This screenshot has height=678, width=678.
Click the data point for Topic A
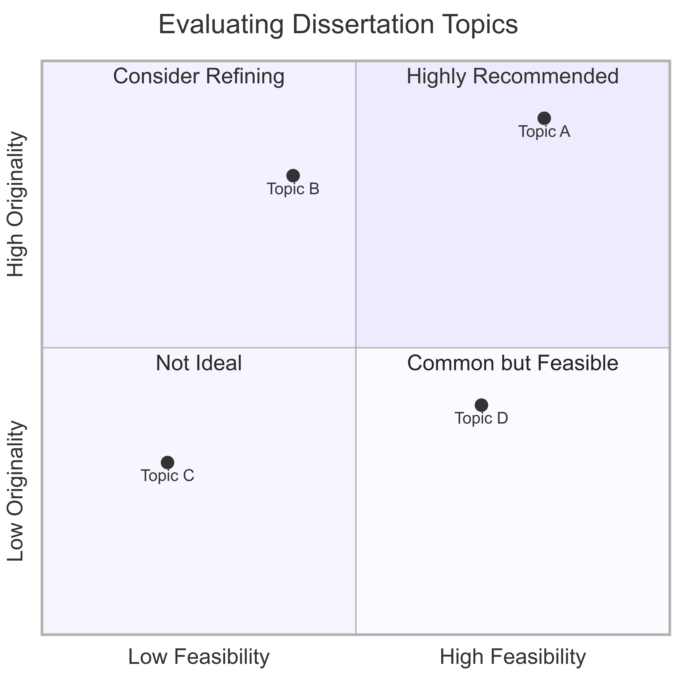(544, 118)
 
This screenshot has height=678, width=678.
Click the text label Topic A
(544, 132)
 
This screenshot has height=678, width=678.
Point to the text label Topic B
(293, 189)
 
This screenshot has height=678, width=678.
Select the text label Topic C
(167, 476)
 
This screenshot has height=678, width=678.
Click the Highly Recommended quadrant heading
(513, 77)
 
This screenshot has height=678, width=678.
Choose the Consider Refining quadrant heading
(199, 77)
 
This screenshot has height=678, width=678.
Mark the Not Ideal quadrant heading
(199, 364)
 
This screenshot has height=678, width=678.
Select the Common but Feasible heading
(513, 364)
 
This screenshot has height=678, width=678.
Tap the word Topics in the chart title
(479, 25)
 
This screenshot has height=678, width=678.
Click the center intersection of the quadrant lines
(356, 348)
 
